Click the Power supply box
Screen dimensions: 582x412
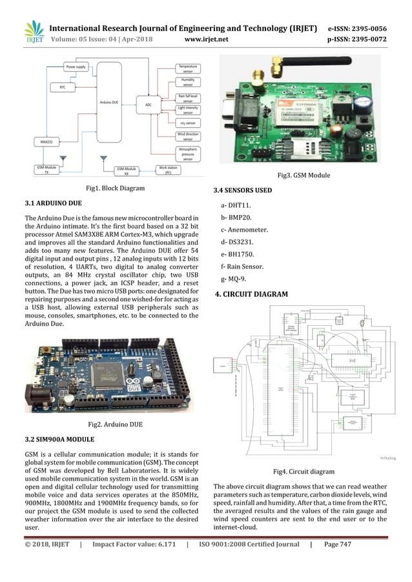pyautogui.click(x=77, y=67)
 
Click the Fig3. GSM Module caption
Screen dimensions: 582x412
pyautogui.click(x=304, y=176)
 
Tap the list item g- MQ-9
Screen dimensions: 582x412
pyautogui.click(x=234, y=279)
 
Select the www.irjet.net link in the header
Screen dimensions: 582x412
pyautogui.click(x=206, y=39)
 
